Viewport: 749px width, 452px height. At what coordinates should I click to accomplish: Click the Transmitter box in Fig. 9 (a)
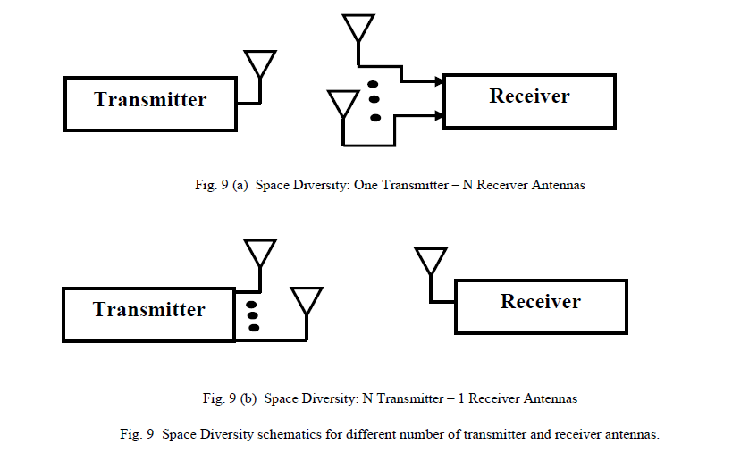(x=150, y=100)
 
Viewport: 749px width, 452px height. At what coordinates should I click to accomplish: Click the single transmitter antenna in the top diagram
(x=260, y=64)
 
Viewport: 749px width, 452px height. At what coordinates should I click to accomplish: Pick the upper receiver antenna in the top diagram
(x=358, y=28)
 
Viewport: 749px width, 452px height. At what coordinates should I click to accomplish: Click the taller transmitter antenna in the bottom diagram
(x=260, y=254)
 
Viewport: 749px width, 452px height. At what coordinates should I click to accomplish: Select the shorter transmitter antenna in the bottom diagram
(x=307, y=301)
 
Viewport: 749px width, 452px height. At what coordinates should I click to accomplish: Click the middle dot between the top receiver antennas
(x=374, y=98)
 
